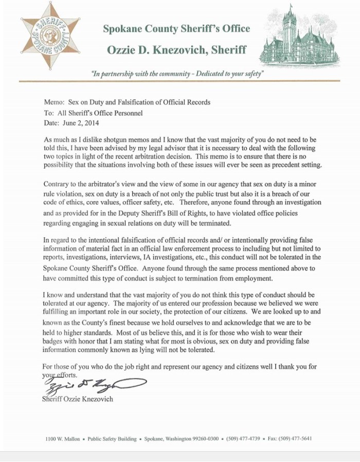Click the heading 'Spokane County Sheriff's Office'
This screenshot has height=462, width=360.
(176, 29)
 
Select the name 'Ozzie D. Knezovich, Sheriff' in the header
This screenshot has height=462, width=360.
(176, 50)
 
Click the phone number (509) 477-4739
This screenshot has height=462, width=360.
(242, 439)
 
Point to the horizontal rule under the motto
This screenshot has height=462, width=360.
(179, 81)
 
